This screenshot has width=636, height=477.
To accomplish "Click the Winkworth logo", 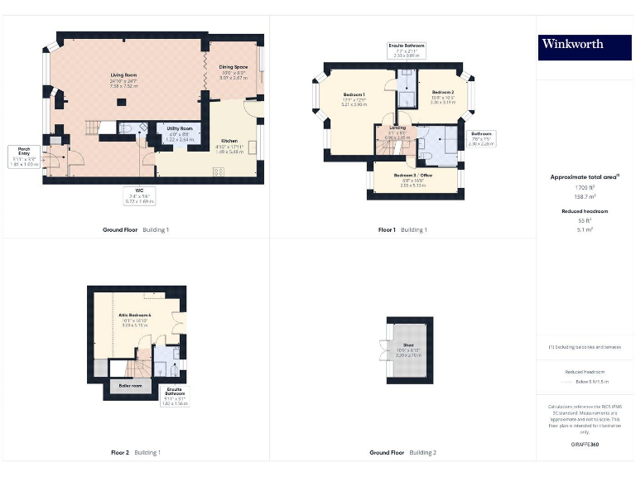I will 573,45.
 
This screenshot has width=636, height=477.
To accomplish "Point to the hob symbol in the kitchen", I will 219,171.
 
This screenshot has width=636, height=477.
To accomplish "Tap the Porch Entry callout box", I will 24,156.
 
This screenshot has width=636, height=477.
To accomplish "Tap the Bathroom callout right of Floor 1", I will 482,137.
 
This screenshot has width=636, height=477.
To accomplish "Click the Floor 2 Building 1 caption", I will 136,453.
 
